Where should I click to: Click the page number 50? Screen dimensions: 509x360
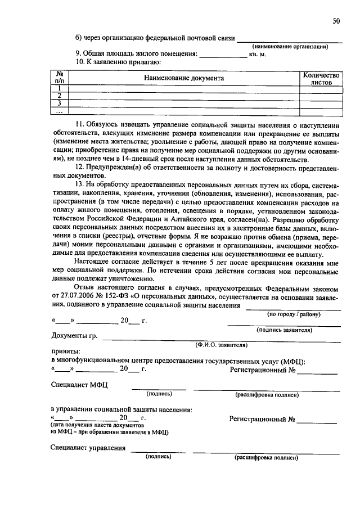[336, 21]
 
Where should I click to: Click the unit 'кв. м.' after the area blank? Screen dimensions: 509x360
[258, 55]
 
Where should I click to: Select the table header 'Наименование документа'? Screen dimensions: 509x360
[183, 78]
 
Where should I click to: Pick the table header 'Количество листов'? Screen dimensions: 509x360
[321, 78]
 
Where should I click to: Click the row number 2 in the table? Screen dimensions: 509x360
[59, 96]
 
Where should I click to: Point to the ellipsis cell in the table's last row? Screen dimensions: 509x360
[59, 111]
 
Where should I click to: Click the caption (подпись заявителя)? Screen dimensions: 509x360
[284, 331]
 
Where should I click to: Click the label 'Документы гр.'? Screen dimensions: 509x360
[74, 336]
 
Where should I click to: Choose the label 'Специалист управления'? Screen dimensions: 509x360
[88, 448]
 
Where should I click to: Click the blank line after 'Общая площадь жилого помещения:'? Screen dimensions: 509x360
[223, 55]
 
